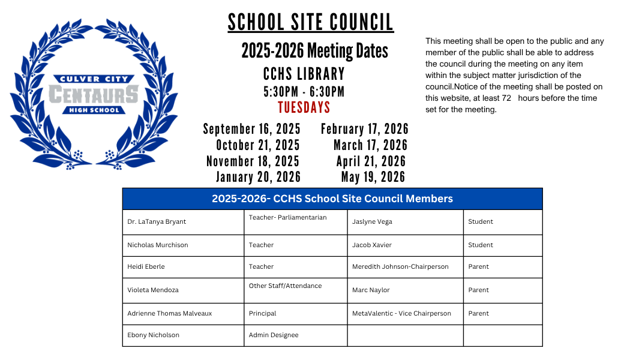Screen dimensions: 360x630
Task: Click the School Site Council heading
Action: pyautogui.click(x=310, y=23)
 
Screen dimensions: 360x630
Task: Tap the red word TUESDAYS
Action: pyautogui.click(x=304, y=107)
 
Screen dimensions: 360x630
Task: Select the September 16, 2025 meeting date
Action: pyautogui.click(x=251, y=129)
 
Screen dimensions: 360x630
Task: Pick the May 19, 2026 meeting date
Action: pyautogui.click(x=373, y=177)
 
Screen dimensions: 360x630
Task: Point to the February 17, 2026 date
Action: pyautogui.click(x=364, y=129)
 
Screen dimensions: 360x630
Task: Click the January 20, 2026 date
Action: pyautogui.click(x=258, y=177)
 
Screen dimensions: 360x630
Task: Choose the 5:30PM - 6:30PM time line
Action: pyautogui.click(x=304, y=92)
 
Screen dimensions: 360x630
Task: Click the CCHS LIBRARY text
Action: pyautogui.click(x=304, y=74)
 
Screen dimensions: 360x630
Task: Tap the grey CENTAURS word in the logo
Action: pyautogui.click(x=93, y=94)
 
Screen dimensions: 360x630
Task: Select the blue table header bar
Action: pyautogui.click(x=332, y=199)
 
